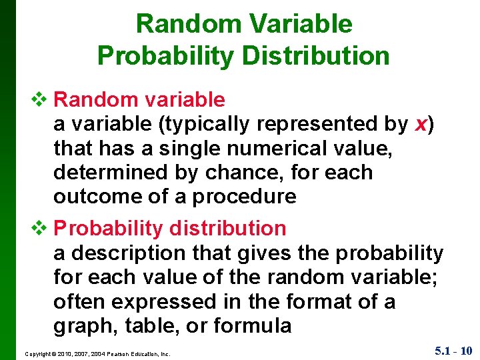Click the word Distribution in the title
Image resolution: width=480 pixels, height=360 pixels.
point(316,55)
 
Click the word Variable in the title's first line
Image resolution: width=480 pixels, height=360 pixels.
point(301,23)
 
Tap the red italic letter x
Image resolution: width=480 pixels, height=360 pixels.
point(421,124)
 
